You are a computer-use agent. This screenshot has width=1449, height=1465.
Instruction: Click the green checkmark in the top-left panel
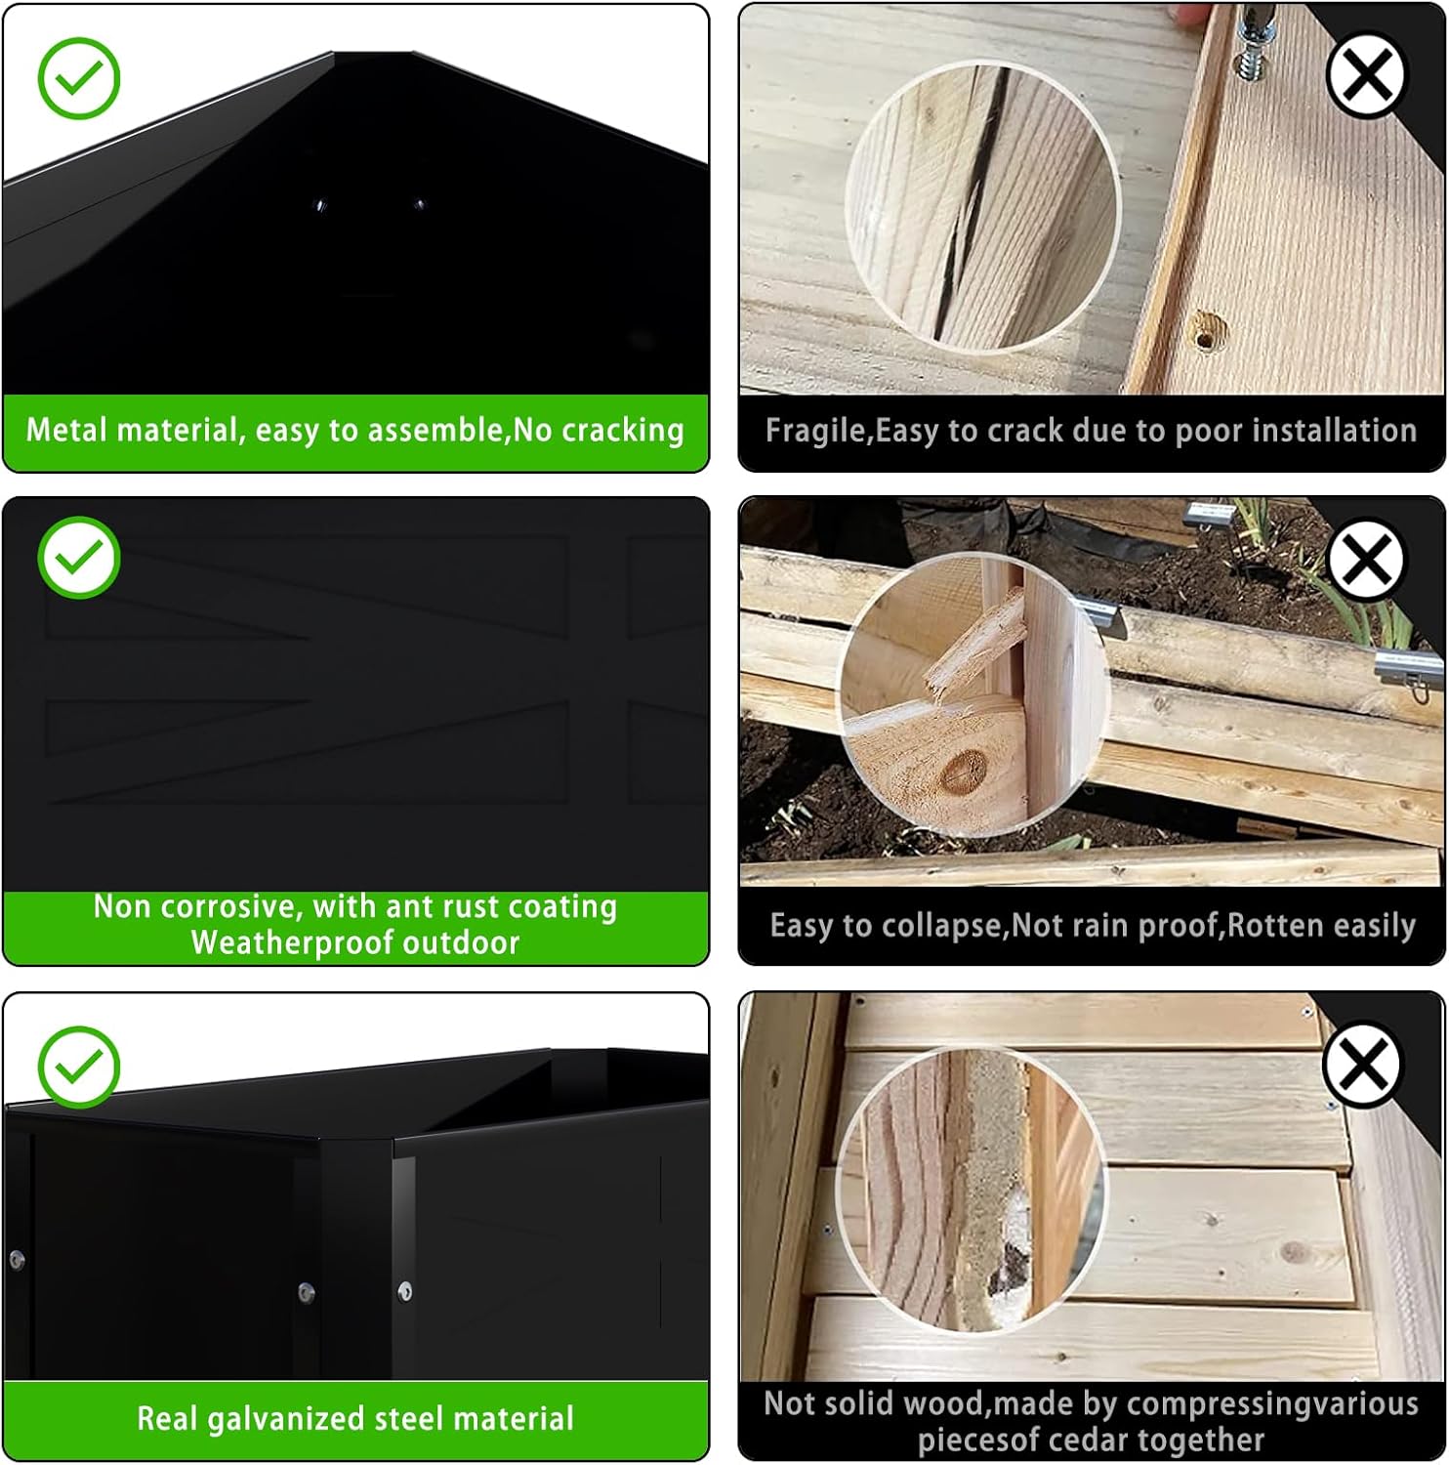pyautogui.click(x=79, y=78)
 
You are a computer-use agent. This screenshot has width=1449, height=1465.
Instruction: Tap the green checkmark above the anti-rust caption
pyautogui.click(x=79, y=557)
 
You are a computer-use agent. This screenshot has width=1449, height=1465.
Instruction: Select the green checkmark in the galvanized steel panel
pyautogui.click(x=79, y=1067)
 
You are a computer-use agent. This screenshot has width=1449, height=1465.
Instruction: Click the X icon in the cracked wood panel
pyautogui.click(x=1367, y=74)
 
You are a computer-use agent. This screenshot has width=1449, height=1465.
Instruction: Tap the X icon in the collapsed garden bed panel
pyautogui.click(x=1367, y=559)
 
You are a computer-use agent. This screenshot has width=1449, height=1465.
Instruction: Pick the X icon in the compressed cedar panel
pyautogui.click(x=1364, y=1063)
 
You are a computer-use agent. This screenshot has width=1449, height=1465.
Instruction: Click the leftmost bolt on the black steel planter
pyautogui.click(x=16, y=1260)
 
